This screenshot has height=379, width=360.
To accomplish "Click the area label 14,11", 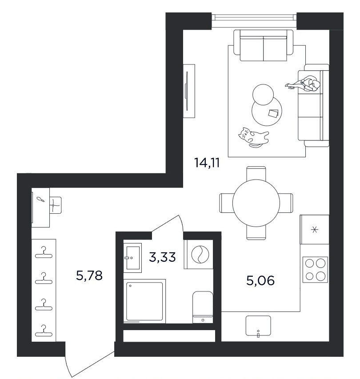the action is [207, 163].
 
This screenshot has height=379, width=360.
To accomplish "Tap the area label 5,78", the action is [89, 275].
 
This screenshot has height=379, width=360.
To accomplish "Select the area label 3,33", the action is [162, 257].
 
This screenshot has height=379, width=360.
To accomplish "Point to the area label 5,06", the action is [260, 280].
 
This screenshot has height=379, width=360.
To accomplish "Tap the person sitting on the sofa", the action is [304, 84].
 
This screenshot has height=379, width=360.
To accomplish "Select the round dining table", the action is [256, 203].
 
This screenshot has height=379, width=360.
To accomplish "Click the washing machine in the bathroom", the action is [199, 254].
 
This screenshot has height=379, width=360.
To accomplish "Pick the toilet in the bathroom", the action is [203, 307].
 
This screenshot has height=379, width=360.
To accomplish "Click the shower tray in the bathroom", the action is [144, 301].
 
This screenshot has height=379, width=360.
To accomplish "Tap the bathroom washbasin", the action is [132, 258].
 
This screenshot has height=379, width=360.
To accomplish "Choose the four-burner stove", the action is [315, 270].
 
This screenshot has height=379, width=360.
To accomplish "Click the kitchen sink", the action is [258, 326].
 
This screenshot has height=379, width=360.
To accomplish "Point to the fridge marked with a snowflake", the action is [314, 229].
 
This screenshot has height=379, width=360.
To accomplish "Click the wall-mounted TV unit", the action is [189, 91].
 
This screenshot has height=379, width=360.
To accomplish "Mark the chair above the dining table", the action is [256, 173].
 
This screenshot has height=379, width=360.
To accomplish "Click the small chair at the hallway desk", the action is [56, 205].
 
